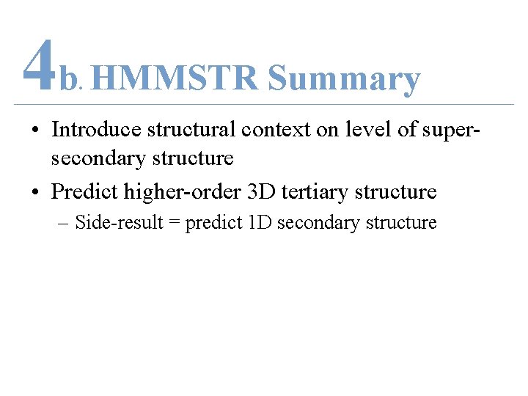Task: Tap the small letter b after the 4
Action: coord(68,80)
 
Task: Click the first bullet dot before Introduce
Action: coord(35,131)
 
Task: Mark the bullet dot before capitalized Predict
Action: coord(35,193)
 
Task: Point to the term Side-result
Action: coord(117,223)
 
